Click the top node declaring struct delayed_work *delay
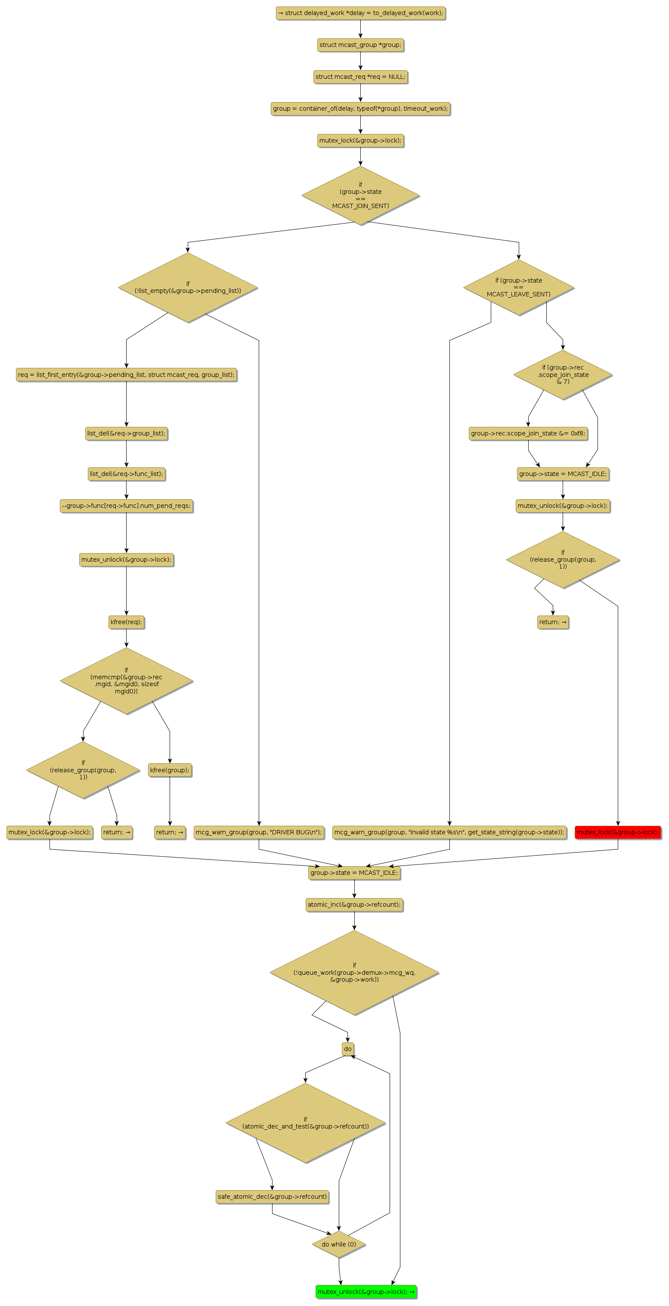(x=360, y=13)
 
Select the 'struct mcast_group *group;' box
(x=360, y=45)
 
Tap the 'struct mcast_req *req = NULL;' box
(x=360, y=77)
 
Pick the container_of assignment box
(x=360, y=109)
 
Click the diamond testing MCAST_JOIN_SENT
(x=360, y=195)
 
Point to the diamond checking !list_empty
(x=188, y=287)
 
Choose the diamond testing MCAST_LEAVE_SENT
(x=518, y=287)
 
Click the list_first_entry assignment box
(x=126, y=375)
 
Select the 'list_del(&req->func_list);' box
(x=126, y=474)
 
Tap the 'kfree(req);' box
(x=126, y=622)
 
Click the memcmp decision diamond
(x=126, y=681)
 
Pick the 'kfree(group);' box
(x=170, y=770)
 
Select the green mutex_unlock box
(x=366, y=1291)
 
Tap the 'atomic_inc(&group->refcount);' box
(x=354, y=905)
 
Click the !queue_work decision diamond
(x=354, y=973)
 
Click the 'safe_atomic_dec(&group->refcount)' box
(x=272, y=1197)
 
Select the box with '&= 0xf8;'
(x=528, y=433)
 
